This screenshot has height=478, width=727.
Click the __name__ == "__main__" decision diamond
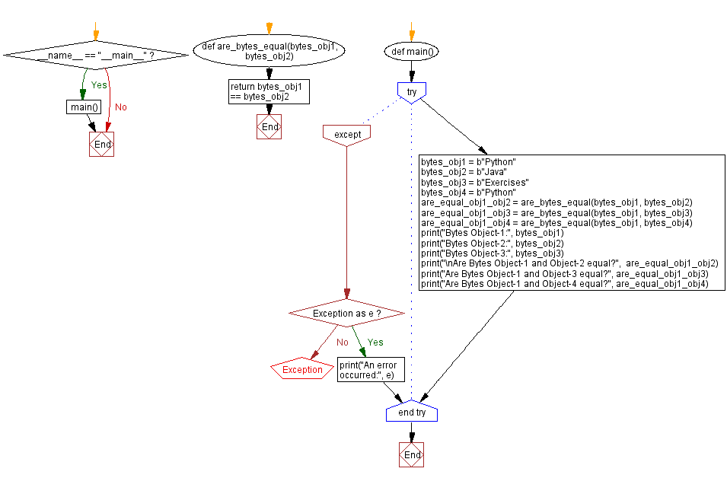[x=96, y=55]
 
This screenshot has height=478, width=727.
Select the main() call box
[x=84, y=107]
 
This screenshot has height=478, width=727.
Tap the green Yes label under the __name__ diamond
[x=99, y=84]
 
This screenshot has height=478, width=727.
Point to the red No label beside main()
[x=120, y=107]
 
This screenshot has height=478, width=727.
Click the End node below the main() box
[x=101, y=144]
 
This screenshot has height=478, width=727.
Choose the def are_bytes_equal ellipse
[x=269, y=51]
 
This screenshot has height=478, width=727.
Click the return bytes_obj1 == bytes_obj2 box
[x=269, y=92]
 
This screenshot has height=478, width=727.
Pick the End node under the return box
[x=269, y=126]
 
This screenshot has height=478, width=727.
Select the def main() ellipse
[x=412, y=52]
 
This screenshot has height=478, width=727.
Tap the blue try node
[x=412, y=93]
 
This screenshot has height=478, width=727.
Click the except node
[x=347, y=135]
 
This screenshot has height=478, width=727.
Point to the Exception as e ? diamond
[x=347, y=314]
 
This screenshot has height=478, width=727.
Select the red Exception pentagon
[x=302, y=368]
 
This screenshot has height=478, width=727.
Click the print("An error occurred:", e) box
[x=371, y=369]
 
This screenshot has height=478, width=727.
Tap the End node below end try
[x=412, y=455]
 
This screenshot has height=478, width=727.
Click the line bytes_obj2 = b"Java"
[x=464, y=172]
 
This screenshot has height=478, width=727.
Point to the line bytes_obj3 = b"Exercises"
[x=475, y=182]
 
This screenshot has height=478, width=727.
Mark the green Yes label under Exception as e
[x=375, y=343]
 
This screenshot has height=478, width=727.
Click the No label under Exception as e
[x=342, y=343]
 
